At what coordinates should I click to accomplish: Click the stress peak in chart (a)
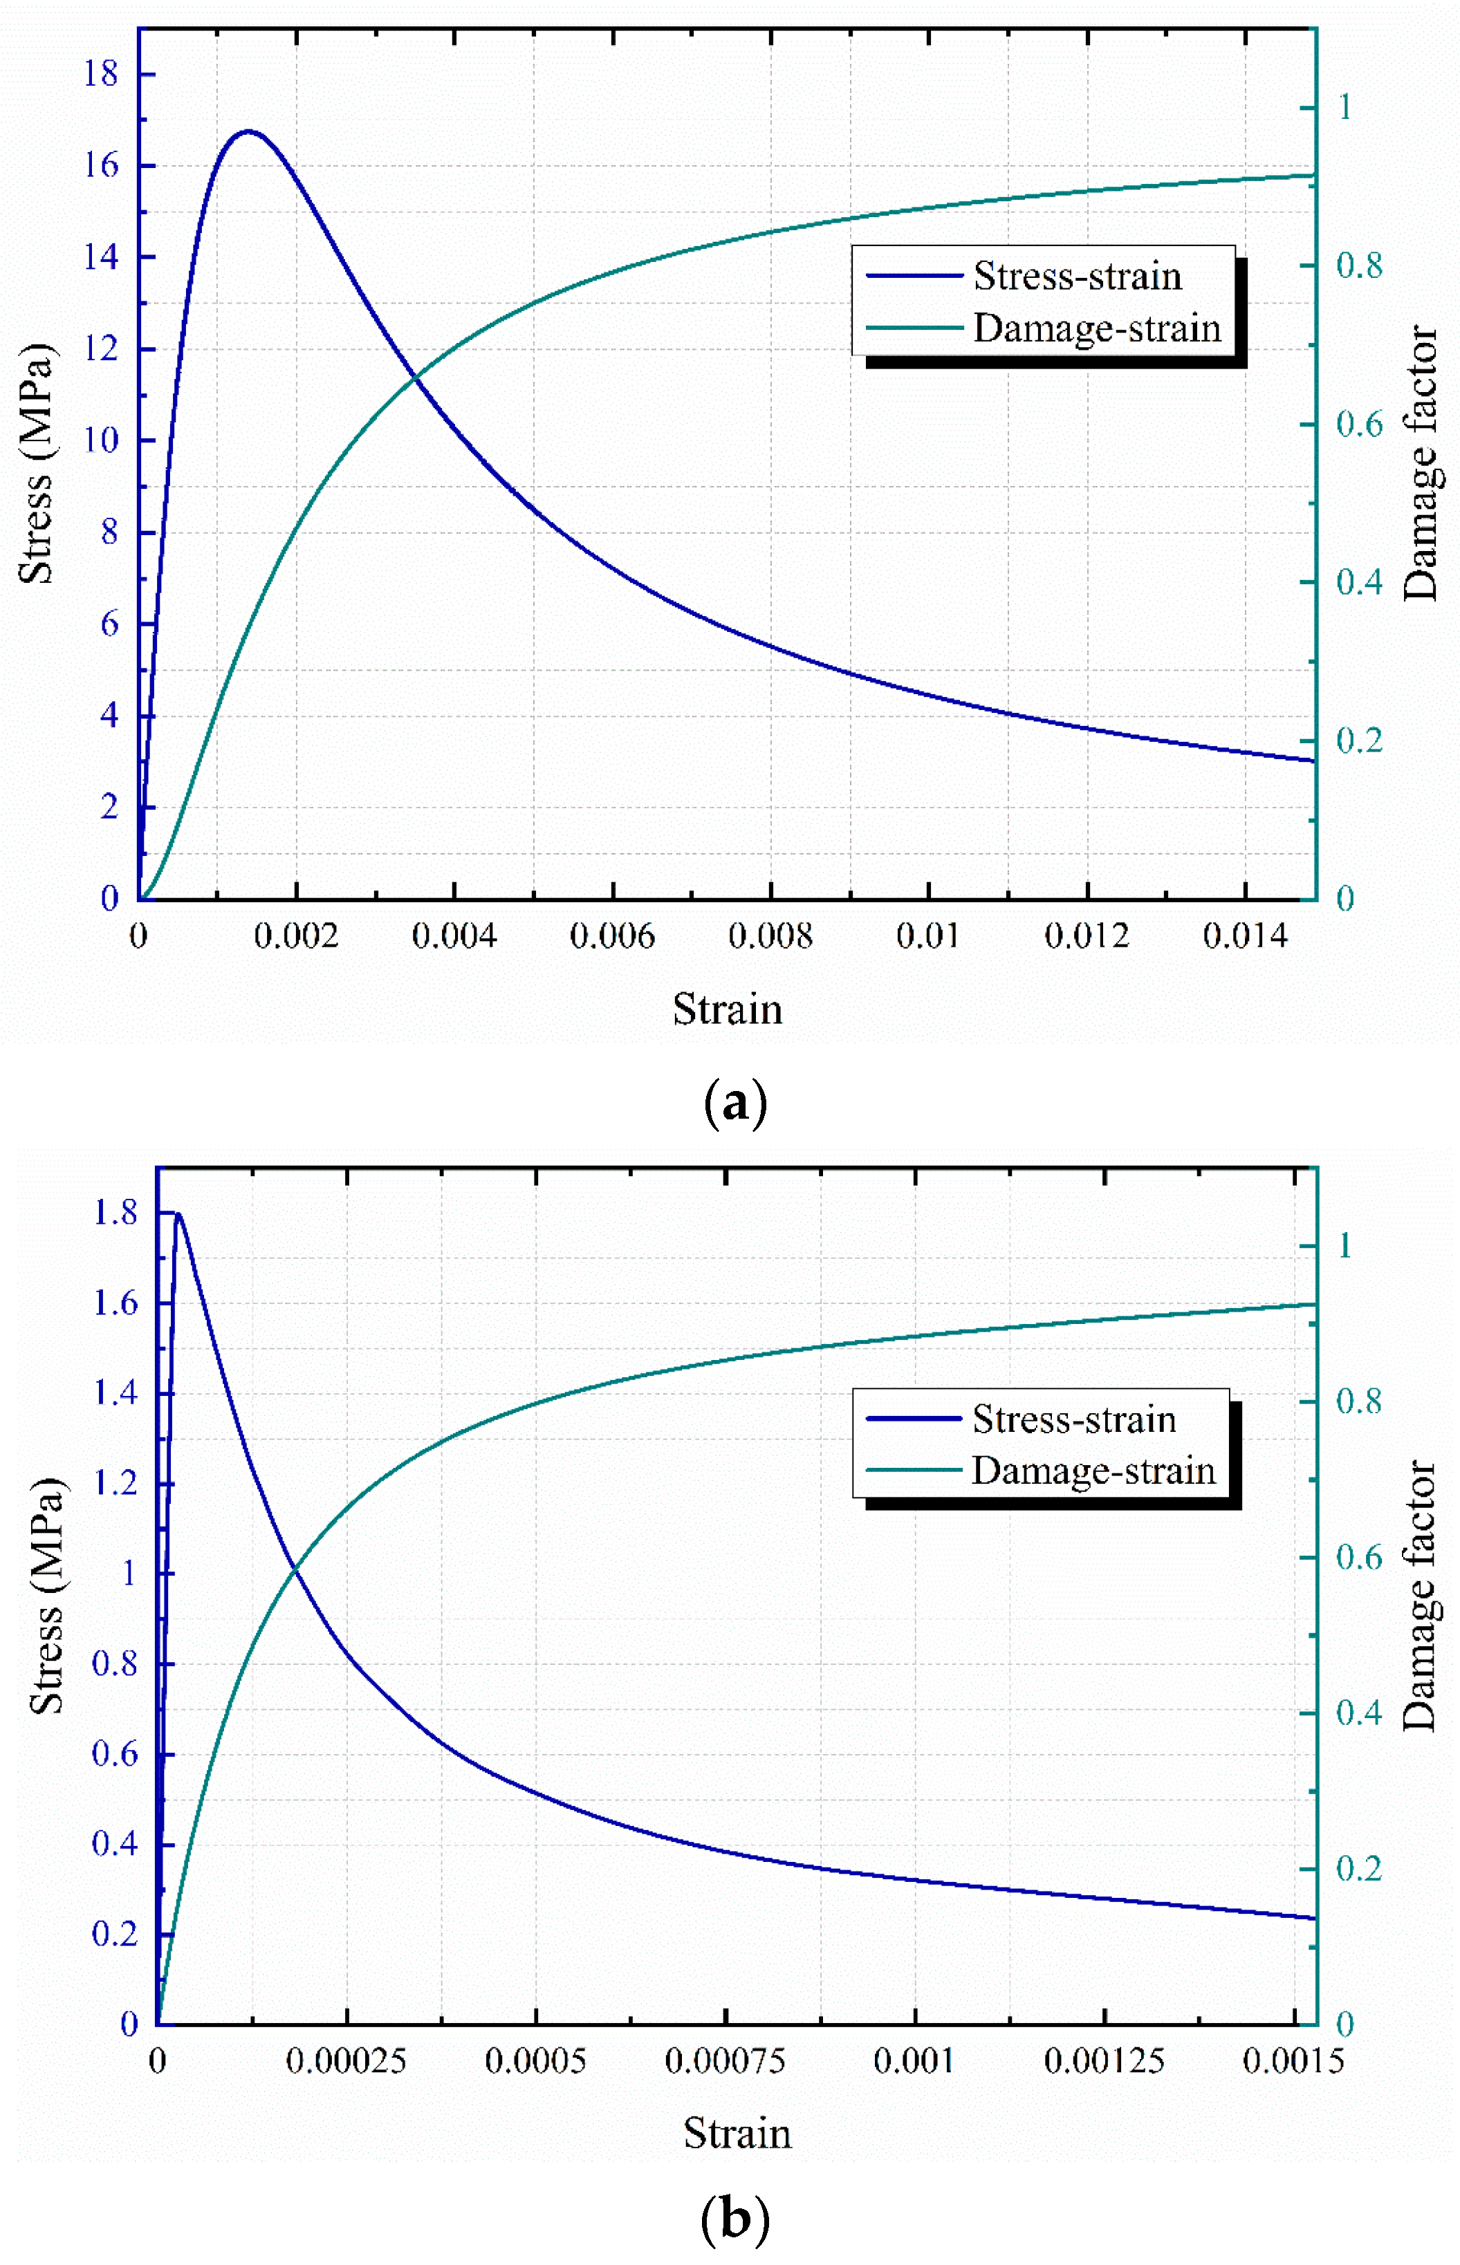click(248, 131)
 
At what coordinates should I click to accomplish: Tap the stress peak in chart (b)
click(177, 1214)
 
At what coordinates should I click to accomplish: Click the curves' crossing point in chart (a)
click(414, 379)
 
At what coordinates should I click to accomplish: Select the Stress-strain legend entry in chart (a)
click(1077, 276)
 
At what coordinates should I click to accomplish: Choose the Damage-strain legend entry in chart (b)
click(1092, 1471)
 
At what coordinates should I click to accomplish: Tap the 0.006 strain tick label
click(611, 936)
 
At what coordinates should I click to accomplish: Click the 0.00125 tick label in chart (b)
click(1104, 2060)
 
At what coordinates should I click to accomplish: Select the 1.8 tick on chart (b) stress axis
click(115, 1213)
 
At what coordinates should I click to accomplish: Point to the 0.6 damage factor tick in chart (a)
click(1358, 424)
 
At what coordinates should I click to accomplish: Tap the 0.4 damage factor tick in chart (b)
click(1358, 1712)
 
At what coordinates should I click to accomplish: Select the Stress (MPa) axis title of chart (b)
click(46, 1595)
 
